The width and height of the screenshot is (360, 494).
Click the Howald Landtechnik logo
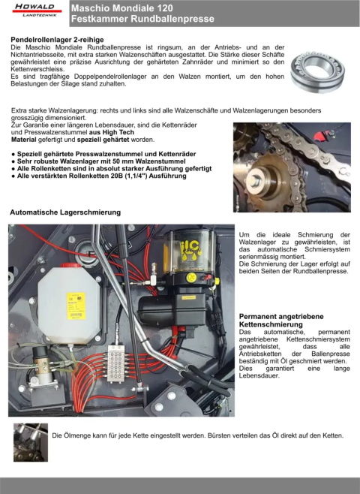37,10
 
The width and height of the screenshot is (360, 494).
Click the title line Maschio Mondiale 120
122,8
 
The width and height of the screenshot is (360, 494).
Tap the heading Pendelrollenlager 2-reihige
57,40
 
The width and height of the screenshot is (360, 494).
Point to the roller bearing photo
317,72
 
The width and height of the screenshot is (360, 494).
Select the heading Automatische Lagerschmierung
65,212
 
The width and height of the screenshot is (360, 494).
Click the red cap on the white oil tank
70,265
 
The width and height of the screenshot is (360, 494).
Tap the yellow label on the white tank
76,306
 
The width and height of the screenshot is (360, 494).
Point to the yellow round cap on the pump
191,278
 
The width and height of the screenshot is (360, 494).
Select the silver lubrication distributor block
116,363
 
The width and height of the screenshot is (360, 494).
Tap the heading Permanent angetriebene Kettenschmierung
281,321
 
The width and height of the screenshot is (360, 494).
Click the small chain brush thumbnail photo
31,442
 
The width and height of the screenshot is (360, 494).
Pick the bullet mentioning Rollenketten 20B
99,176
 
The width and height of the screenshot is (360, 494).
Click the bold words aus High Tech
112,132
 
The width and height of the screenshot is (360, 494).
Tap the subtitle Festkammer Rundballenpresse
142,19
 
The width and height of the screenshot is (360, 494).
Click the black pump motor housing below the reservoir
172,310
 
